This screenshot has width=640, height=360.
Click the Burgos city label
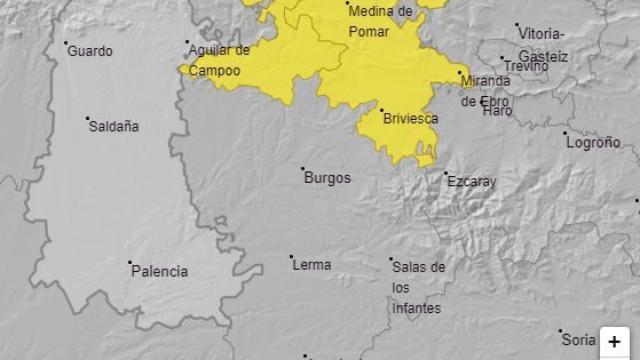tap(327, 178)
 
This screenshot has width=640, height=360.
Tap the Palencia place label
tap(160, 271)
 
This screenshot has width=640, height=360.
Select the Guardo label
tap(90, 51)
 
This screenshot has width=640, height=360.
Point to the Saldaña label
tap(114, 127)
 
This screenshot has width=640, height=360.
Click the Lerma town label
tap(312, 265)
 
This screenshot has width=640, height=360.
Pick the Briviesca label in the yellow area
tap(411, 118)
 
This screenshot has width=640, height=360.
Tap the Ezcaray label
tap(472, 182)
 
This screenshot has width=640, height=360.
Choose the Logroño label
tap(594, 143)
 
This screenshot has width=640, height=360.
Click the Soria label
tap(578, 338)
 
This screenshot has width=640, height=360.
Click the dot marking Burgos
tap(303, 169)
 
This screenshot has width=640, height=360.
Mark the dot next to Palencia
tap(130, 263)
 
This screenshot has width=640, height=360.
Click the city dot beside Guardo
tap(66, 43)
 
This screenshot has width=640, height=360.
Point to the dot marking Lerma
tap(291, 257)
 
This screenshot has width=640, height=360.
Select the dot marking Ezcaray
tap(446, 174)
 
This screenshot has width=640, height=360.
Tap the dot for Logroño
tap(565, 133)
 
